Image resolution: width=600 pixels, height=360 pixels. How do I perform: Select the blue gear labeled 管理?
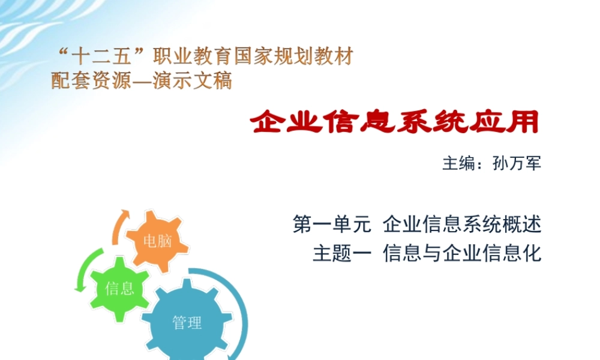[x=187, y=323]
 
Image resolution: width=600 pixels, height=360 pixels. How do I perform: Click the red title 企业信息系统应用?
[x=394, y=122]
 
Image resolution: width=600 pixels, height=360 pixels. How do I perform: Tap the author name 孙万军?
[x=517, y=164]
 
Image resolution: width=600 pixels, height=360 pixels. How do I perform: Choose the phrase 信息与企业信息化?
[x=462, y=254]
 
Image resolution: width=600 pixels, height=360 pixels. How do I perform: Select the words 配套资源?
[x=90, y=80]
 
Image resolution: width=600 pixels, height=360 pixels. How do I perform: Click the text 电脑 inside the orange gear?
[x=157, y=241]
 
